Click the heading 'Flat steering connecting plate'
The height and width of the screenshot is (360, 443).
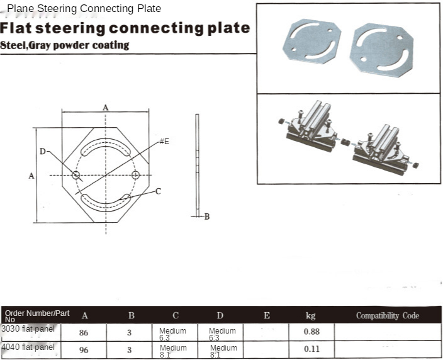125,28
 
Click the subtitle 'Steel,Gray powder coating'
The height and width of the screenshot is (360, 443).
65,45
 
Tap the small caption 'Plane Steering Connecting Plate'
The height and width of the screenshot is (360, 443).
84,9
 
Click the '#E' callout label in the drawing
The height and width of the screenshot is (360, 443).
164,142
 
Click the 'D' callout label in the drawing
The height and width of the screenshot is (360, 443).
42,152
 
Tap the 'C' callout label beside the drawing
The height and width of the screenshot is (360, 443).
158,191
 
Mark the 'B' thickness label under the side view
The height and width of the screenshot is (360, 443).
206,217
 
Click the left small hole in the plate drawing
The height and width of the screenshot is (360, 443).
76,175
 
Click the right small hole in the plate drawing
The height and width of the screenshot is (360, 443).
136,175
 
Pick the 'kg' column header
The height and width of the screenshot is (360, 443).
310,315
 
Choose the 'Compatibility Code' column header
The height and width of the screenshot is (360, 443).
387,315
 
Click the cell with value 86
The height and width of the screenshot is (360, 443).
84,332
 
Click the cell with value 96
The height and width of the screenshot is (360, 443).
84,350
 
